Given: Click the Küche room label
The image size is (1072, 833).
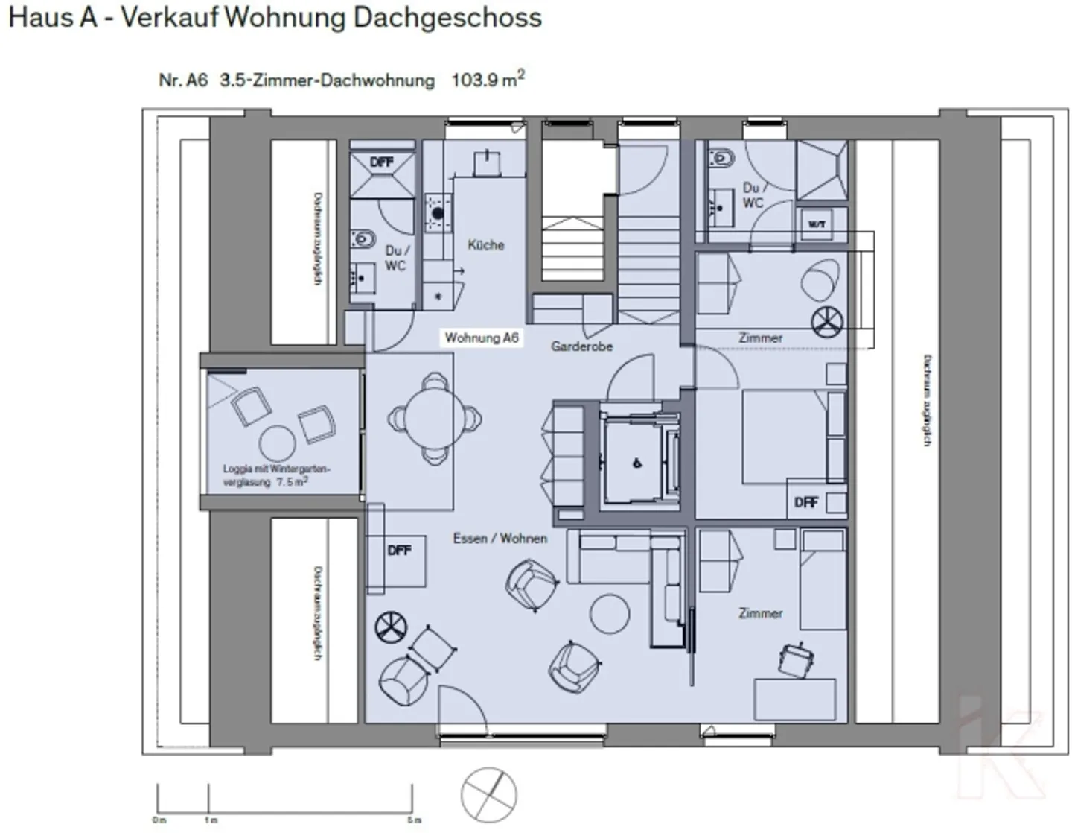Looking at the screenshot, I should pos(485,245).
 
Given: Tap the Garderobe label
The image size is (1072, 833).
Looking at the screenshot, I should pos(581,346).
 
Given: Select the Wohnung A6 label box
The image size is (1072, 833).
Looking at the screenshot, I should pos(482,338).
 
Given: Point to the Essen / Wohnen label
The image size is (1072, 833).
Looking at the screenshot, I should pos(500,538).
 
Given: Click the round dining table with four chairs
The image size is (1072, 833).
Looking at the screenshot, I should pos(435,419).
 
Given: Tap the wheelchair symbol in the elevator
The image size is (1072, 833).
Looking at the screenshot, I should pos(637,463).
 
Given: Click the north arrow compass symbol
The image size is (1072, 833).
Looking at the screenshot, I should pos(488,795).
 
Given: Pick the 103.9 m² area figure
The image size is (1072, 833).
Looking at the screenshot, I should pos(488,80).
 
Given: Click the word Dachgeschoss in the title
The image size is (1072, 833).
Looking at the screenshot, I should pos(447,18).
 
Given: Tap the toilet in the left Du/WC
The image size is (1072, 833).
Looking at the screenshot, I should pos(364,239).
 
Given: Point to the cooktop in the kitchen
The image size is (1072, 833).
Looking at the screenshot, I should pos(438,212).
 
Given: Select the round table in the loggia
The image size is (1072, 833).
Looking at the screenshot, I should pos(277,443).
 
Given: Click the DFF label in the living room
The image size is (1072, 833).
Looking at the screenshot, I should pos(399,551).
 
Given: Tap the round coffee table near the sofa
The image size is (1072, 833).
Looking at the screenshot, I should pos(610,612).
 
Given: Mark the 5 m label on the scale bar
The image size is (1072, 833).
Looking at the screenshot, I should pos(415,820).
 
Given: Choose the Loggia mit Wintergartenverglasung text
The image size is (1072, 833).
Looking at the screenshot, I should pos(275,475).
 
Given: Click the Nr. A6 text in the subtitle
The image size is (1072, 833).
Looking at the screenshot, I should pos(183,80).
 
